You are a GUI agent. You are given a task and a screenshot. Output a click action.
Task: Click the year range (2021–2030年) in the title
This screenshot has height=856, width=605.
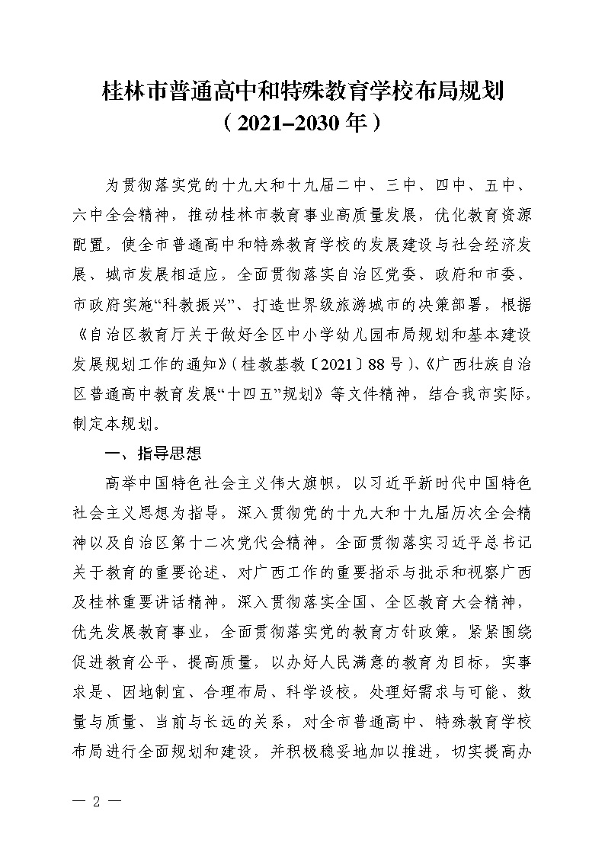pyautogui.click(x=302, y=123)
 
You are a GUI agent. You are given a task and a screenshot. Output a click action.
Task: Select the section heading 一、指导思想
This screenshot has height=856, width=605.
pyautogui.click(x=153, y=454)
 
